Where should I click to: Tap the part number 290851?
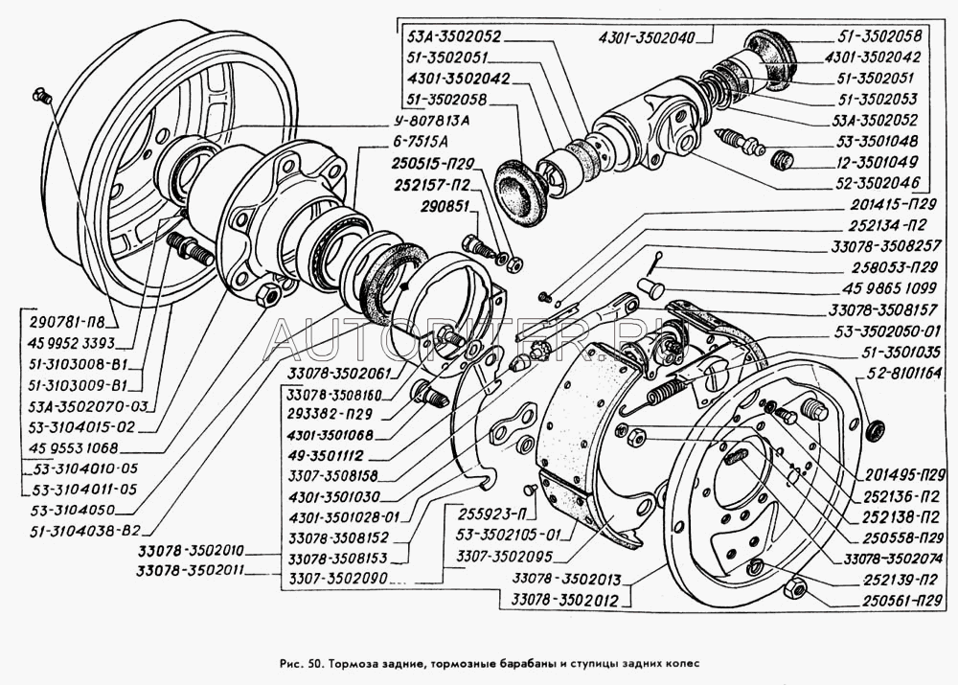446,205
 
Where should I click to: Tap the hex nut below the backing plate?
792,587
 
